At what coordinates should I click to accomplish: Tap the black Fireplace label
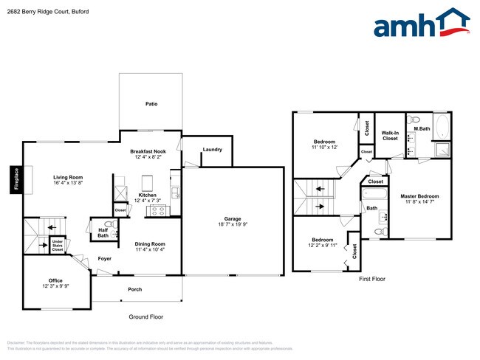pos(16,179)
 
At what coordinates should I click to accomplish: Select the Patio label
pos(151,104)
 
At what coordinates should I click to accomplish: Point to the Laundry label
pos(212,150)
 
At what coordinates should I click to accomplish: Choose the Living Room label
pos(67,180)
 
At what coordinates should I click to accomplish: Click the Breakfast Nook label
pos(149,153)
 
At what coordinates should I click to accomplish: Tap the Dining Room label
pos(150,246)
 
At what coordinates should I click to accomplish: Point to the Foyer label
pos(104,258)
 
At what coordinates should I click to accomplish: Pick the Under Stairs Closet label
pos(58,246)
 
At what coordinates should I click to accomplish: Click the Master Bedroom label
pos(419,199)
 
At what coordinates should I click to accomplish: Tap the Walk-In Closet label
pos(389,135)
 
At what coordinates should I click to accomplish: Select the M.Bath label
pos(422,129)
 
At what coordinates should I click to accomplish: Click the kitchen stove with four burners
pos(158,210)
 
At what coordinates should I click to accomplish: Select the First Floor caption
pos(373,280)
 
